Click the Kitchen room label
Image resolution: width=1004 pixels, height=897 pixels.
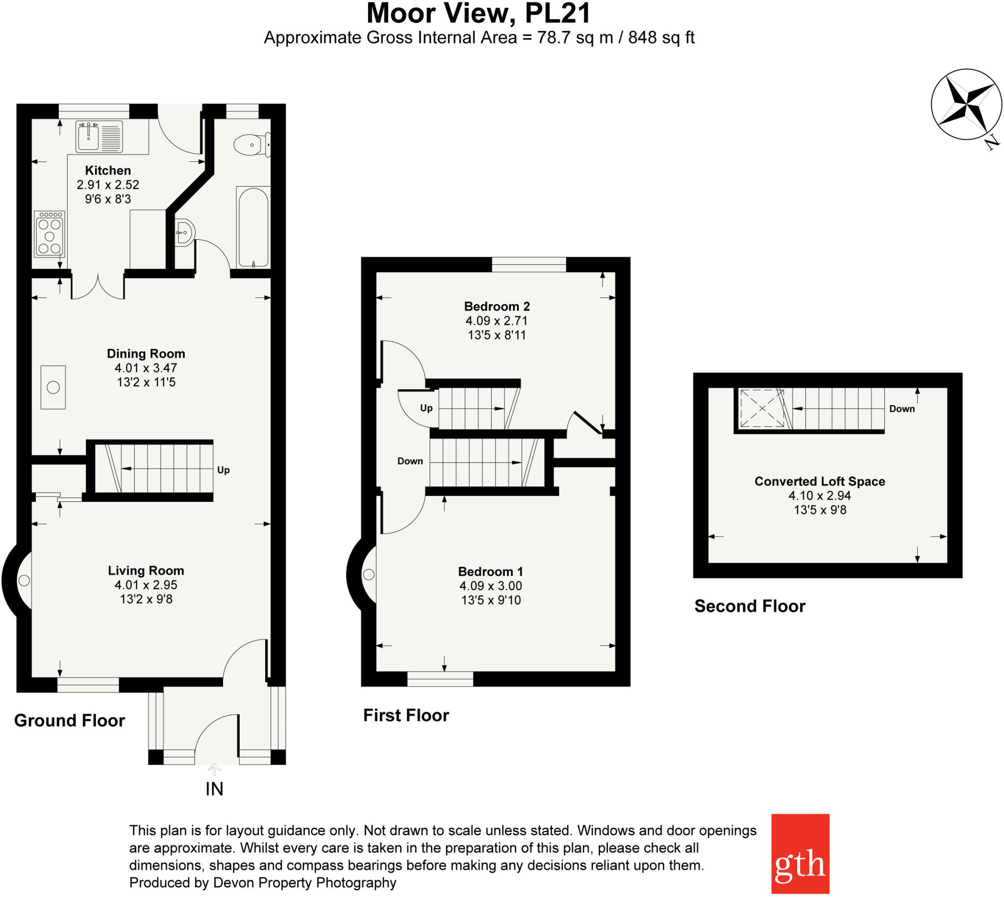(107, 171)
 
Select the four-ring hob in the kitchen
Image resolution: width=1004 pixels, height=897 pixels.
(50, 234)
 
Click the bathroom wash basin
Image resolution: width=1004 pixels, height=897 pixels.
(185, 232)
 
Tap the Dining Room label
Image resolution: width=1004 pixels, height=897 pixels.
(146, 353)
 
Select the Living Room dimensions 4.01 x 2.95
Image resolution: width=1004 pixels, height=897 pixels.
(146, 585)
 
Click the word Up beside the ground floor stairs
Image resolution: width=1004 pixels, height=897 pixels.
(223, 470)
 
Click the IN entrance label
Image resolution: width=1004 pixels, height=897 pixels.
(214, 789)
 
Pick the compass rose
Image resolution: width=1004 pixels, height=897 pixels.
(966, 104)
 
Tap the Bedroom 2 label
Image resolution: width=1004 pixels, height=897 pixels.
(497, 306)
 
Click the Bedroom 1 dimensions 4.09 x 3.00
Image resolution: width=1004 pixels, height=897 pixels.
(490, 586)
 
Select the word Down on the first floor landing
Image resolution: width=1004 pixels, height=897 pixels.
(410, 461)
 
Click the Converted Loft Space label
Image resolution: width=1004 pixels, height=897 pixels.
(819, 481)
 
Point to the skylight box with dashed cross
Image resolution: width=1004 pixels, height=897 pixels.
(762, 408)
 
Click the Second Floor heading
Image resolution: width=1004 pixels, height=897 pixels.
(749, 606)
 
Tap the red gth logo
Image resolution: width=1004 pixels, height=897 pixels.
(800, 853)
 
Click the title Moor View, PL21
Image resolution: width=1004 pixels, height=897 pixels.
(478, 13)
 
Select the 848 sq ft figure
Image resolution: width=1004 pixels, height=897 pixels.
(661, 37)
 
